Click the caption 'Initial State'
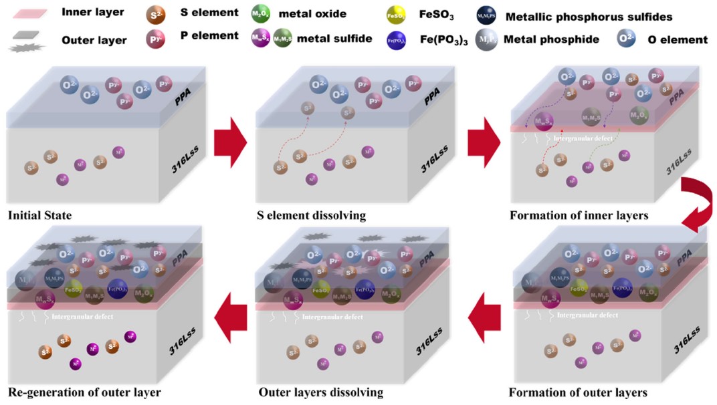coord(39,216)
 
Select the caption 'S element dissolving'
coord(311,216)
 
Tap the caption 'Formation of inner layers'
coord(579,216)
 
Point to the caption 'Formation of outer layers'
coord(578,392)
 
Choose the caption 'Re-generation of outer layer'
coord(84,392)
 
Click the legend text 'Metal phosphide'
coord(551,39)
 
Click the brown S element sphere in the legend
coord(157,14)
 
